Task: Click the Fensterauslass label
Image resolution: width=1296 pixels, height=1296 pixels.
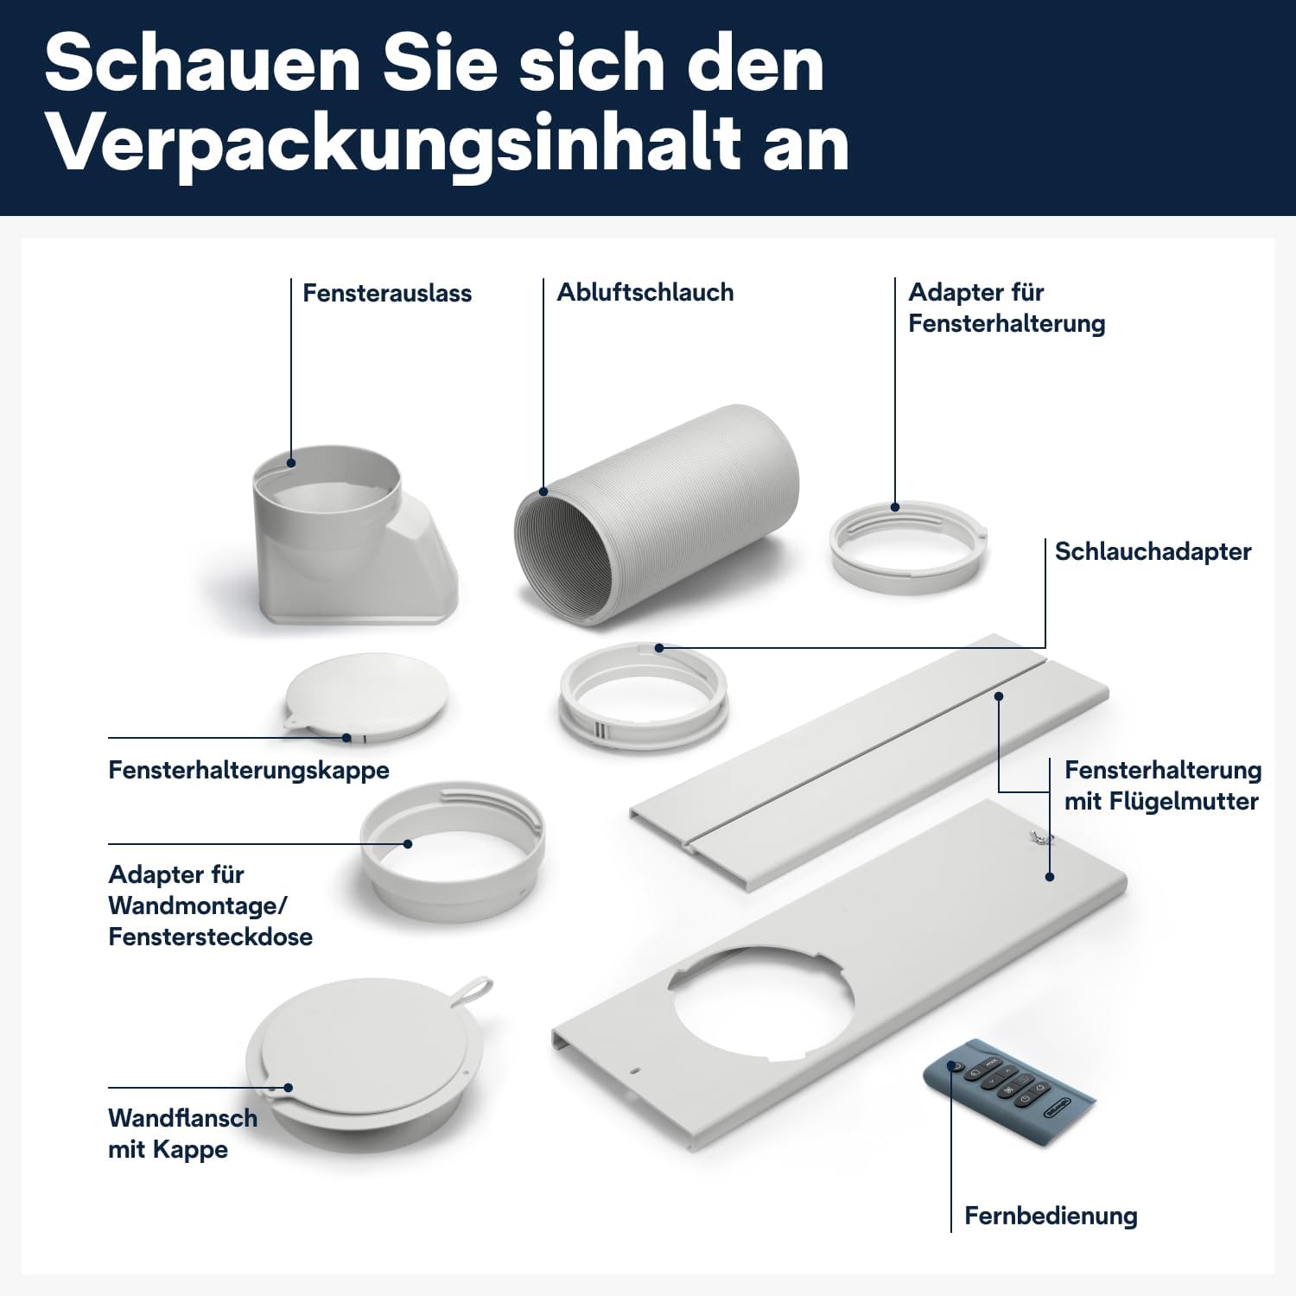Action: click(x=386, y=293)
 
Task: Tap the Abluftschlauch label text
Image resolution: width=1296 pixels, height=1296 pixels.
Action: click(x=645, y=292)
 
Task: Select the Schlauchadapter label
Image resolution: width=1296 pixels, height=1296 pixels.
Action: click(x=1153, y=551)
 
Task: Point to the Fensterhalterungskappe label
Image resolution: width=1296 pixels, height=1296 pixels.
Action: click(x=249, y=770)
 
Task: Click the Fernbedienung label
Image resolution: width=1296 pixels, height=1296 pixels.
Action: click(x=1051, y=1216)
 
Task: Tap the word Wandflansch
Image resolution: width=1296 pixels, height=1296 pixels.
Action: click(x=183, y=1118)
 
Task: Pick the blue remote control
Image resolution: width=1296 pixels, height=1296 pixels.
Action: click(x=1007, y=1084)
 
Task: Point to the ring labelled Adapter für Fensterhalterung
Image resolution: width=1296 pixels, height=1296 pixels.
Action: click(x=907, y=548)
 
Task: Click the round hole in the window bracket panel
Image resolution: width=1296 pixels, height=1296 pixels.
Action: click(x=760, y=1002)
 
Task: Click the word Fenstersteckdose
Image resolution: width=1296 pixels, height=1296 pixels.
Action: click(x=210, y=937)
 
